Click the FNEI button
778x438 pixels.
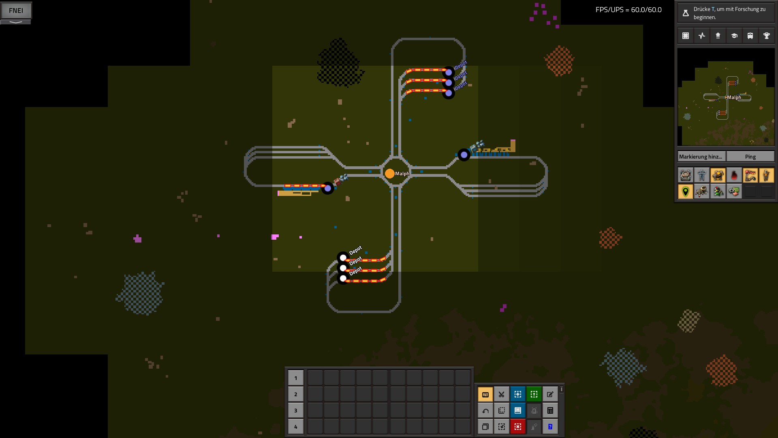[16, 11]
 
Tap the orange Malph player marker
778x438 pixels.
[390, 174]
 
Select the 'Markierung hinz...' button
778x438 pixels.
[701, 157]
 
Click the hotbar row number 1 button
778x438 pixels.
[295, 378]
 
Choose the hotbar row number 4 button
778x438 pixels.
[295, 427]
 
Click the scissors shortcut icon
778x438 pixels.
[502, 394]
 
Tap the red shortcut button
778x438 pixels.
[518, 427]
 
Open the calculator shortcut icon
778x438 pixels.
[550, 410]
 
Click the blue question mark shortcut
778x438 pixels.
[550, 427]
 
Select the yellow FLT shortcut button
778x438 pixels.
[485, 394]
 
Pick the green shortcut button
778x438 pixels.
[534, 394]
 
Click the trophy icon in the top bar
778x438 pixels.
[766, 36]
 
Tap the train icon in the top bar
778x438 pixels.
[750, 36]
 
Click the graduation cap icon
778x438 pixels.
[734, 36]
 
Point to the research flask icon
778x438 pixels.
[686, 13]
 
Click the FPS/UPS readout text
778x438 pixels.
[628, 10]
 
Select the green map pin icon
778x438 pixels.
[686, 191]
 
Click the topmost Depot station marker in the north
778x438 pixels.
[449, 73]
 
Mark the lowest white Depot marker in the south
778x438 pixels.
[343, 279]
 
